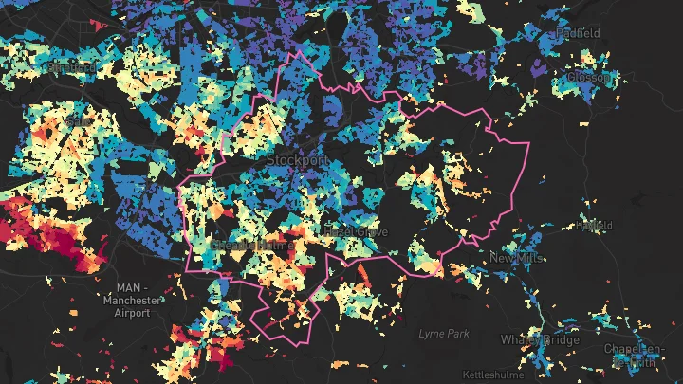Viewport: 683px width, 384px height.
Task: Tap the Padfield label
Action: (x=580, y=33)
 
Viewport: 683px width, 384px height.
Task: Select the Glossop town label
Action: (x=590, y=78)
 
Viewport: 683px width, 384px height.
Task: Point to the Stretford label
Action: (x=71, y=68)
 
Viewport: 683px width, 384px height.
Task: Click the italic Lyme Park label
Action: (x=444, y=334)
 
